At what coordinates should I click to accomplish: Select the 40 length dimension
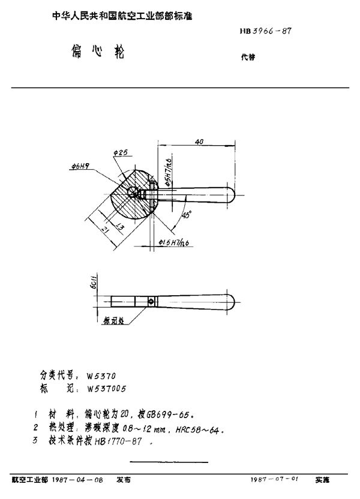(x=199, y=142)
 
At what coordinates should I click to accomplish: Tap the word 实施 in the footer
(x=323, y=480)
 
